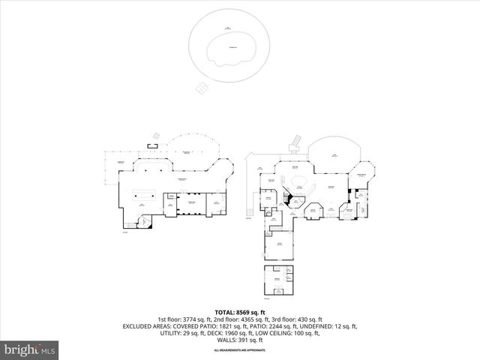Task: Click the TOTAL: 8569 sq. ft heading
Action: (x=240, y=312)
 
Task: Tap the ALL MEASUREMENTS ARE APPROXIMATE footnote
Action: (x=240, y=350)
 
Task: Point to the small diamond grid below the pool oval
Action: (x=202, y=88)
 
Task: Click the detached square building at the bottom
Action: (x=277, y=280)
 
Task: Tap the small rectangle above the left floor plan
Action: (x=153, y=144)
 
